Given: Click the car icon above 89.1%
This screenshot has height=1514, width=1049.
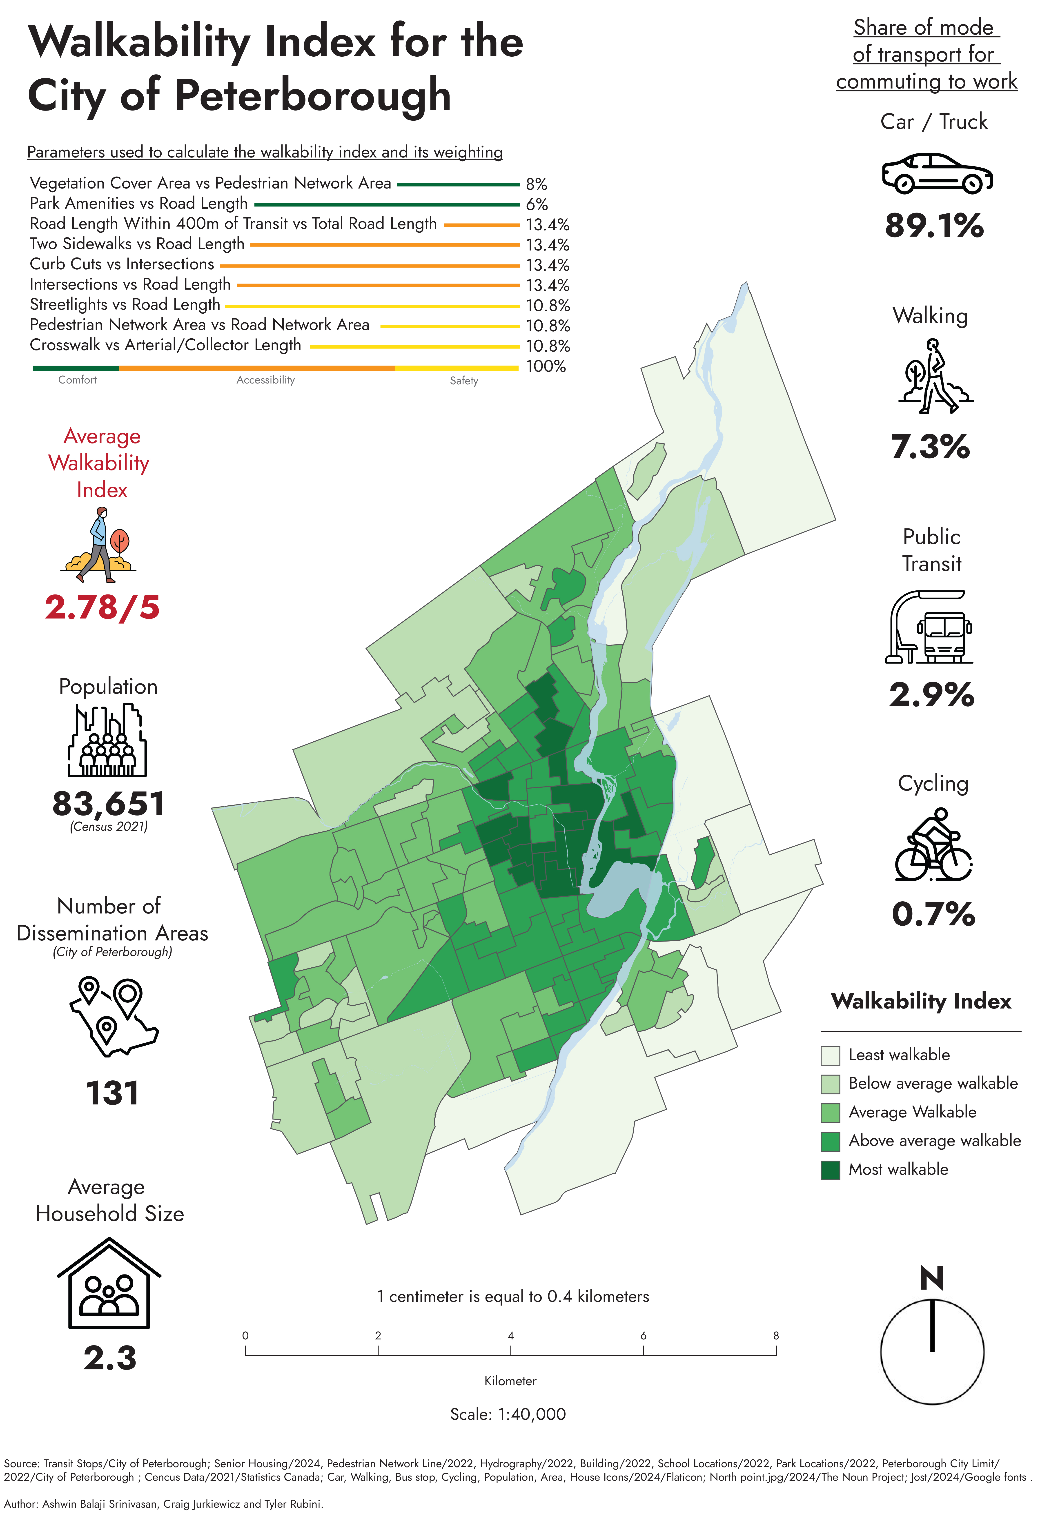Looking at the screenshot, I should coord(937,174).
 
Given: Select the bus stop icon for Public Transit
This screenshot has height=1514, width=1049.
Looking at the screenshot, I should coord(929,627).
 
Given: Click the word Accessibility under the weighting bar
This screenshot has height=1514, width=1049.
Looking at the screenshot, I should coord(265,380).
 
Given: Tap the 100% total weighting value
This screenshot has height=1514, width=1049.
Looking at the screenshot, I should coord(546,366).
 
